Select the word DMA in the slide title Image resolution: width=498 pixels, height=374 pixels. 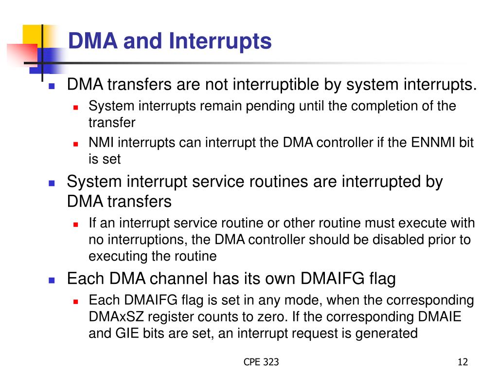[x=93, y=41]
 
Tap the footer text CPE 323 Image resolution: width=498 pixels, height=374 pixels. [x=261, y=362]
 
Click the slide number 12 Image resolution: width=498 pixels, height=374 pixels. [x=463, y=362]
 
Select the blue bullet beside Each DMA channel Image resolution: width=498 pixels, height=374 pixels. [x=52, y=280]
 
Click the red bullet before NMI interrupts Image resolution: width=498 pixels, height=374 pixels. [x=75, y=144]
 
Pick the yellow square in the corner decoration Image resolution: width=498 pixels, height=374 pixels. [x=32, y=35]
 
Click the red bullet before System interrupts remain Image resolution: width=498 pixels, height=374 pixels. [x=75, y=108]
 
